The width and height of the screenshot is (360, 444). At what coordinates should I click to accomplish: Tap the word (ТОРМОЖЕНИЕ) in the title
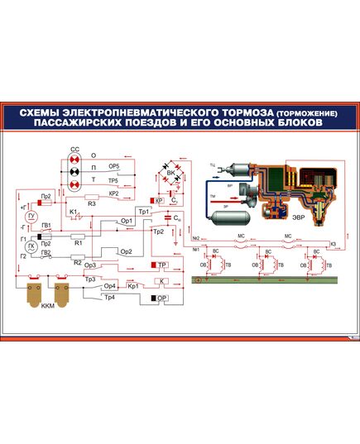[x=299, y=112]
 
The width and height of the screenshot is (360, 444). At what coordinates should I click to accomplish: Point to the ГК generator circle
[x=31, y=247]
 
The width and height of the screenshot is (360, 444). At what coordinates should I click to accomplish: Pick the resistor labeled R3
[x=93, y=196]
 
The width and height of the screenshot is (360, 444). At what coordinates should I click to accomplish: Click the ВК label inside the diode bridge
[x=171, y=174]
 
